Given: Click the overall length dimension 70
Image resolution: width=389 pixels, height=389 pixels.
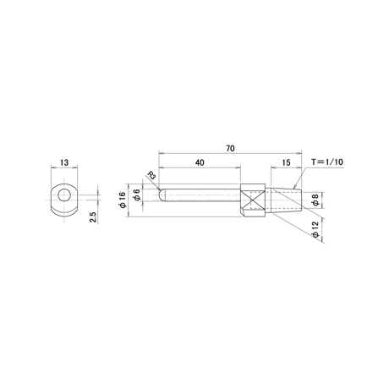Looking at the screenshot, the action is coord(230,148).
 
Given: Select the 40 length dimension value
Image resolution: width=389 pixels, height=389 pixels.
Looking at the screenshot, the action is coord(200,162).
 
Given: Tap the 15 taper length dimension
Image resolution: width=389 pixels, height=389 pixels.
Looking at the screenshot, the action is coord(286,162).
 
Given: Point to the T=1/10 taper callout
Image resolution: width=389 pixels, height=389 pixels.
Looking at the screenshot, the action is coord(327,162).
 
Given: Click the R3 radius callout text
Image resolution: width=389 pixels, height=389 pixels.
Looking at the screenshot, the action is coord(151,176).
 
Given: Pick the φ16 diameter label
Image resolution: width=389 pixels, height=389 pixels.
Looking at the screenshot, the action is coord(123,200).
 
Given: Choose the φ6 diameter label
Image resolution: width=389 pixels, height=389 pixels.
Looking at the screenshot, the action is coord(137,194).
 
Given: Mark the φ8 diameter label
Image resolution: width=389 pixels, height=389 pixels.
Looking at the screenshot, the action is coord(315,200).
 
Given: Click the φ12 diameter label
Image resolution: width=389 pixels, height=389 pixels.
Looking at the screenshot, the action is coord(315,229).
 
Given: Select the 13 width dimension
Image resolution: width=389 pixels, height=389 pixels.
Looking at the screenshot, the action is coord(64,162).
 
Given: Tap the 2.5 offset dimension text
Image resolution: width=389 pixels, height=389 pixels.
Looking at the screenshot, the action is coord(93,217).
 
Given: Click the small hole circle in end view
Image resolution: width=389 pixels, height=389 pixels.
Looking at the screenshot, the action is coord(64,194).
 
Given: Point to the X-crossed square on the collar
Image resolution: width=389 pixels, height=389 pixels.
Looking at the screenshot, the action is coord(254,200).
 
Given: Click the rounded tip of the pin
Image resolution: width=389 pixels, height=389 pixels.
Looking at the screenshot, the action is coord(162,194).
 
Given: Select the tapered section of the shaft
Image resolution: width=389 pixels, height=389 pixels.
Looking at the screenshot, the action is coord(286,200).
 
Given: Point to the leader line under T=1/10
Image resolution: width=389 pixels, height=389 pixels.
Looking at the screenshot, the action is coord(299,178).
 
